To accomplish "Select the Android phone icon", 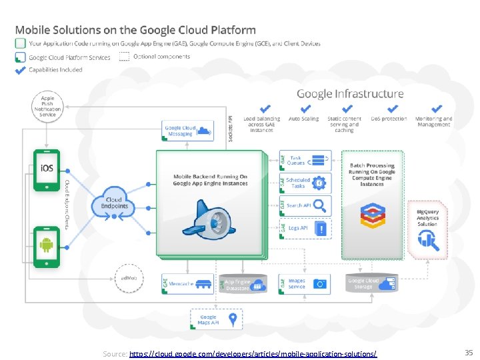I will [x=47, y=247].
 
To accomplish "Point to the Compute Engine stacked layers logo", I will [x=372, y=214].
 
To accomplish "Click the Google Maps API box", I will [x=216, y=321].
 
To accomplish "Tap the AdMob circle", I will [x=129, y=277].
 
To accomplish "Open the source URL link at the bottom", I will [x=253, y=353].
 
